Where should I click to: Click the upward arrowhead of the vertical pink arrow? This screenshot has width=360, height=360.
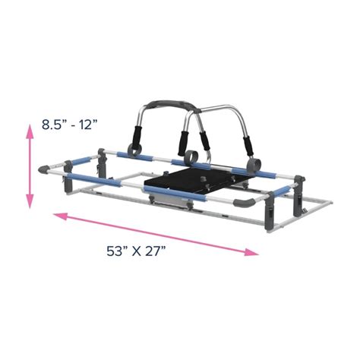coord(30,131)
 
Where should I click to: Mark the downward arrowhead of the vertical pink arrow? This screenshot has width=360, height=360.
coord(30,203)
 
